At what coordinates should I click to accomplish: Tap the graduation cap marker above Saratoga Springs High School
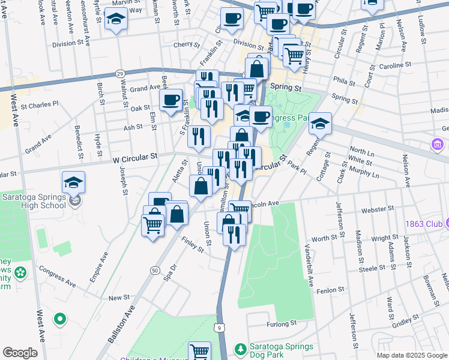coord(73,182)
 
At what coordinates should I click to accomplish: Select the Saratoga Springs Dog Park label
coord(281,351)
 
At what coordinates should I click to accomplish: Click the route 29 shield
coord(120,73)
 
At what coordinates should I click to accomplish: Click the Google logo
coord(20,353)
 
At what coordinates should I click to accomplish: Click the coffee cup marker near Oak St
coord(171,101)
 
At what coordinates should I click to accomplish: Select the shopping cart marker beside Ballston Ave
coord(153,226)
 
